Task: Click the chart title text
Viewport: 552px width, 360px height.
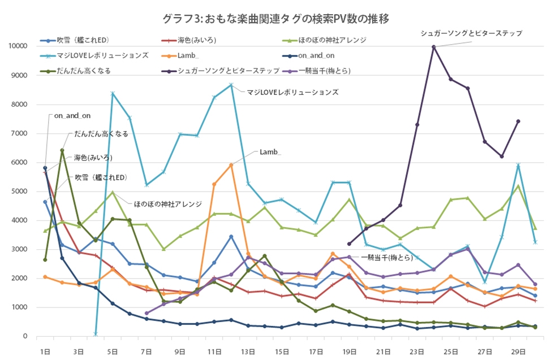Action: (275, 19)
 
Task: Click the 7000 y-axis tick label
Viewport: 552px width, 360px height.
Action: (20, 133)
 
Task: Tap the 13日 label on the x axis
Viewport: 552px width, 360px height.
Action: (248, 351)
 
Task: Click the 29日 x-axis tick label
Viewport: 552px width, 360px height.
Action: (517, 351)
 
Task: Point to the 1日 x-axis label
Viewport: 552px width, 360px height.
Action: (45, 351)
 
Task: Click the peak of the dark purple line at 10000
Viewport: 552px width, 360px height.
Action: (434, 47)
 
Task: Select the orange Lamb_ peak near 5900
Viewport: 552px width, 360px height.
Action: (231, 164)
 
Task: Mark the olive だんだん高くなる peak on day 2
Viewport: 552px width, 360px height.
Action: (62, 150)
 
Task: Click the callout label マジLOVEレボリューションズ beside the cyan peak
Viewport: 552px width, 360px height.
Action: (292, 92)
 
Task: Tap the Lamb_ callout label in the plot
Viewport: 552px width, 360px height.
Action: (271, 152)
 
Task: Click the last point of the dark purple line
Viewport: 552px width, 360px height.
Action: (518, 121)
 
